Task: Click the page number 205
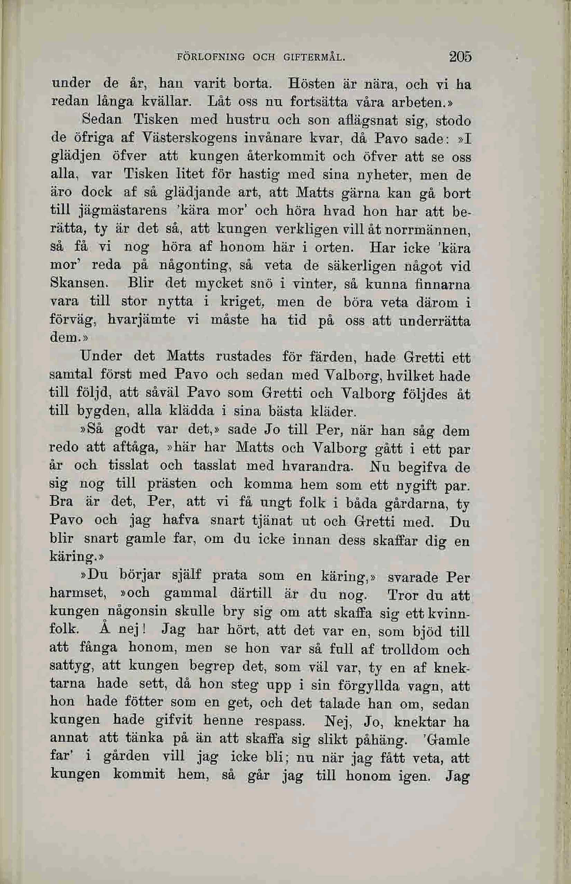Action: click(x=460, y=57)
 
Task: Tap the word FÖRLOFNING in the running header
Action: click(x=211, y=57)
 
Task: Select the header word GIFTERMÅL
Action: click(x=315, y=57)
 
